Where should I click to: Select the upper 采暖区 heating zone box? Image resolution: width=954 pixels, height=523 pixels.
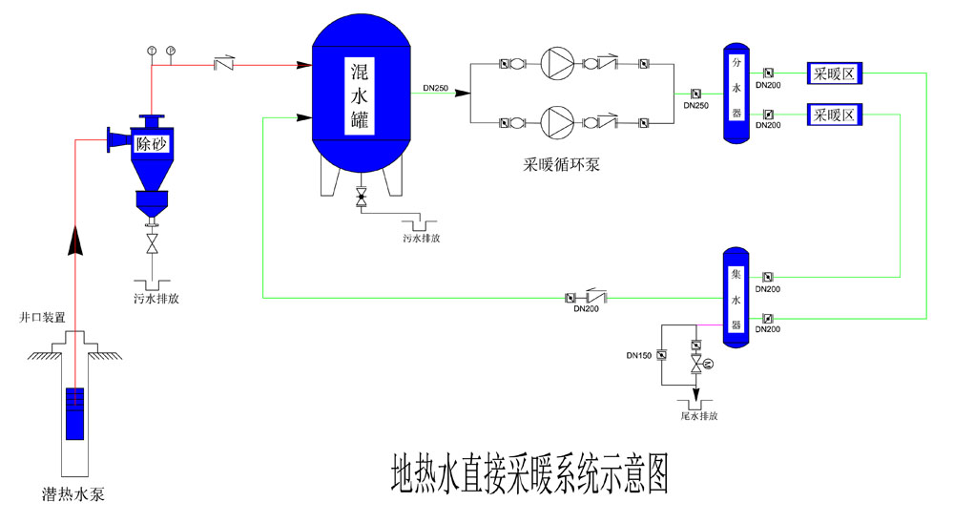[x=836, y=72]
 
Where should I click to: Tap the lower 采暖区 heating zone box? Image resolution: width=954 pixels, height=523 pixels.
[x=836, y=115]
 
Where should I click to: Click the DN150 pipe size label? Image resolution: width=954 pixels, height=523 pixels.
[x=639, y=355]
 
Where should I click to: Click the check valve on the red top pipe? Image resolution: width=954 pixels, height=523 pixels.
[x=225, y=65]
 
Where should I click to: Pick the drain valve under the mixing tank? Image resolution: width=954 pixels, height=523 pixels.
[x=361, y=199]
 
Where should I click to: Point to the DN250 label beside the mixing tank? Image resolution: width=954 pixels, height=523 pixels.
[x=436, y=88]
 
